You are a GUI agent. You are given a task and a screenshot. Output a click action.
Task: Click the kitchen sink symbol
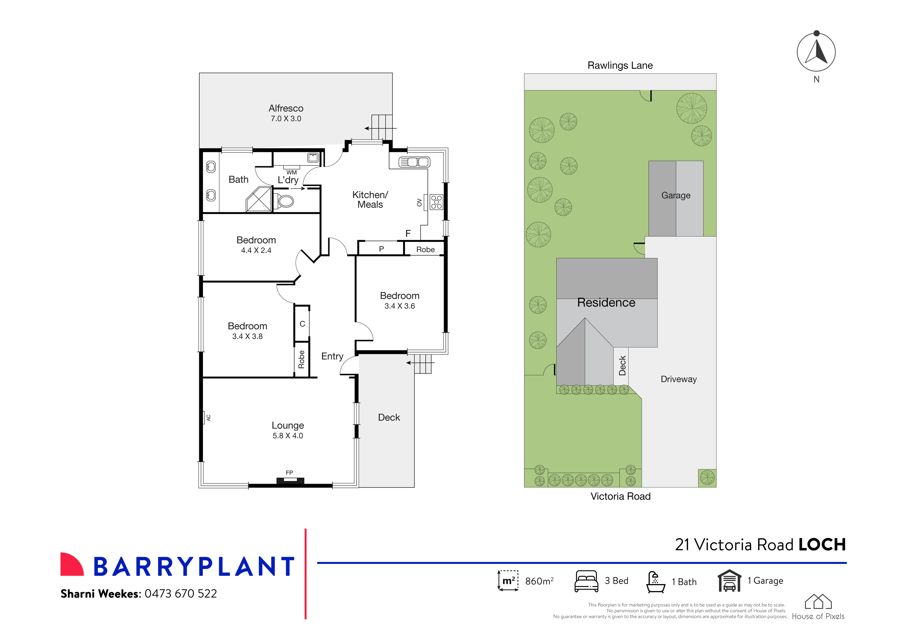click(414, 162)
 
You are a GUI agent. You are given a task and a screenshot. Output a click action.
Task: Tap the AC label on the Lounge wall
click(208, 418)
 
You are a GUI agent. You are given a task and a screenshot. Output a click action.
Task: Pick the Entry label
click(332, 356)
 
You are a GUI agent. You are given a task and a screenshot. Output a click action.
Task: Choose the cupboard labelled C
click(302, 324)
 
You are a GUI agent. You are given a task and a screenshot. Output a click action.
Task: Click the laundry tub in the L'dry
click(313, 158)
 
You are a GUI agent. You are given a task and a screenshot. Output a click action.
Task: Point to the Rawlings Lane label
click(620, 65)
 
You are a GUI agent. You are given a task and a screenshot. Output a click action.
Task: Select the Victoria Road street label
click(620, 496)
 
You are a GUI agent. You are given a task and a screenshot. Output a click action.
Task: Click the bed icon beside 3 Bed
click(586, 581)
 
